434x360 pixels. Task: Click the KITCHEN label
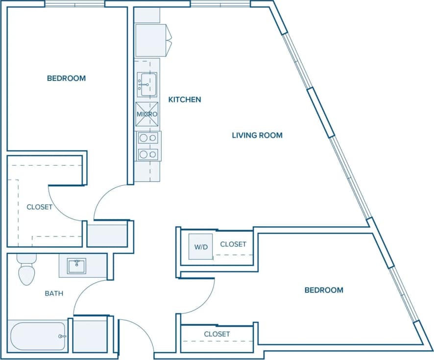click(x=185, y=99)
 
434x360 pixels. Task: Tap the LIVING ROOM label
click(x=257, y=135)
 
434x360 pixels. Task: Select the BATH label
click(x=54, y=293)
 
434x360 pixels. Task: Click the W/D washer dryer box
click(x=201, y=247)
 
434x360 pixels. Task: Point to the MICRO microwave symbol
click(x=147, y=114)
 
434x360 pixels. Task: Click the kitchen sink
click(x=147, y=84)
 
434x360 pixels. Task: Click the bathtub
click(x=37, y=336)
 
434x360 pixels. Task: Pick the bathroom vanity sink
click(x=76, y=266)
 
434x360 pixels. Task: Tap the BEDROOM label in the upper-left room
click(x=66, y=78)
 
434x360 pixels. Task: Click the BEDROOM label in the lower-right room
click(x=324, y=290)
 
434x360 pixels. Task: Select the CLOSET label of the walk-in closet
click(x=39, y=207)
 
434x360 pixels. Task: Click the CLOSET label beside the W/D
click(x=233, y=244)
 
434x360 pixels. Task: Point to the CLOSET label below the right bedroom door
click(x=217, y=334)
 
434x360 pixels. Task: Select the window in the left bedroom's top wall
click(x=74, y=4)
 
